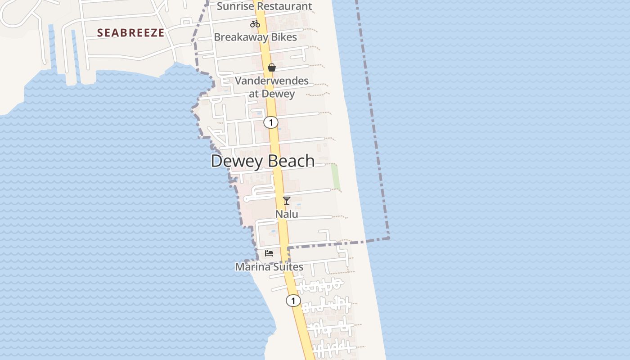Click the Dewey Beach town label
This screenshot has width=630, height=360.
pyautogui.click(x=262, y=161)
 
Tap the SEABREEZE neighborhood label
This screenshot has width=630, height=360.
pyautogui.click(x=130, y=33)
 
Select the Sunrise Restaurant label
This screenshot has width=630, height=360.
pyautogui.click(x=264, y=6)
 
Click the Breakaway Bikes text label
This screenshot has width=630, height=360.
pyautogui.click(x=255, y=37)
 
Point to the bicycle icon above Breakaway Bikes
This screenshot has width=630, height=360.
pyautogui.click(x=255, y=24)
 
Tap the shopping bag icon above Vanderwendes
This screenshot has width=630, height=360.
pyautogui.click(x=272, y=67)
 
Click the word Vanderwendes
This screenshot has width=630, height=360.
pyautogui.click(x=272, y=81)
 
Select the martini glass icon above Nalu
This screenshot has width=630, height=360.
pyautogui.click(x=287, y=201)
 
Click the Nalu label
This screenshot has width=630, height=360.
pyautogui.click(x=287, y=214)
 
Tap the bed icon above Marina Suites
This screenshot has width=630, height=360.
pyautogui.click(x=269, y=253)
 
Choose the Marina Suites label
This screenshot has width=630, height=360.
pyautogui.click(x=269, y=267)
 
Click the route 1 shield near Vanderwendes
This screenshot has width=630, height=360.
pyautogui.click(x=271, y=122)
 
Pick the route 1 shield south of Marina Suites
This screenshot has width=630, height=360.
pyautogui.click(x=293, y=301)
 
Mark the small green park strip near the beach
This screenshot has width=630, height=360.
pyautogui.click(x=335, y=176)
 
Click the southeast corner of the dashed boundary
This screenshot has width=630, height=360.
pyautogui.click(x=389, y=238)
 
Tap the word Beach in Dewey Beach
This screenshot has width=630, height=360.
pyautogui.click(x=291, y=161)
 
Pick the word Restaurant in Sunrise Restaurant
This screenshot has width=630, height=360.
pyautogui.click(x=284, y=6)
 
